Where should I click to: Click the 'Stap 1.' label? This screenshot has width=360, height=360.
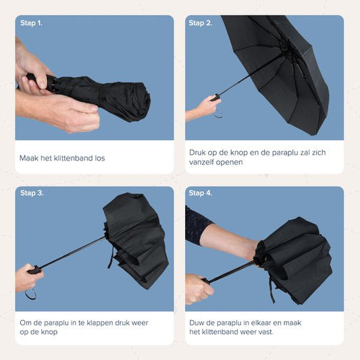coord(32,23)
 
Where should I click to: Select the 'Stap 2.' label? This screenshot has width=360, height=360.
coord(201,23)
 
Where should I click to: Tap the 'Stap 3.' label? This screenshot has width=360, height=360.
coord(32,193)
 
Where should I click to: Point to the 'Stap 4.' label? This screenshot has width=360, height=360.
coord(201,193)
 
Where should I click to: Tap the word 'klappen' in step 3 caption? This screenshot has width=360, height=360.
coord(99,323)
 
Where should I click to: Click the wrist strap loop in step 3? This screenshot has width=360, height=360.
coord(30,294)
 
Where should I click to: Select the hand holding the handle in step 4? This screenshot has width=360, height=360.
coord(197,288)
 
